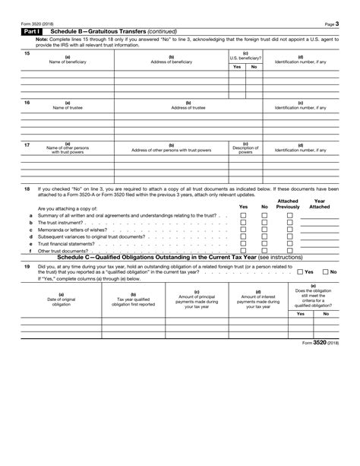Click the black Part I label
tap(33, 30)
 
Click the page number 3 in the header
tap(336, 22)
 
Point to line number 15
tap(27, 53)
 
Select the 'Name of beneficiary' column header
tap(68, 59)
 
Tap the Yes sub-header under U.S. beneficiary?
tap(237, 67)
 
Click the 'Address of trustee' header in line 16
tap(188, 107)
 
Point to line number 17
tap(27, 144)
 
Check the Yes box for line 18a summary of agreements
tap(243, 216)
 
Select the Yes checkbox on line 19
tap(300, 271)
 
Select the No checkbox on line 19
tap(326, 271)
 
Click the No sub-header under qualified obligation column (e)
tap(326, 313)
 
